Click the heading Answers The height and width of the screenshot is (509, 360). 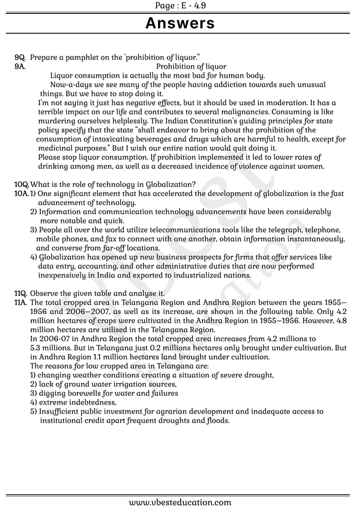(x=179, y=23)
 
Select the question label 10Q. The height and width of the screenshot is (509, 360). (x=21, y=185)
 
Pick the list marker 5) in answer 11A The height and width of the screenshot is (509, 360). (x=34, y=411)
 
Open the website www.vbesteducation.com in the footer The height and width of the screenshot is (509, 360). (x=180, y=503)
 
